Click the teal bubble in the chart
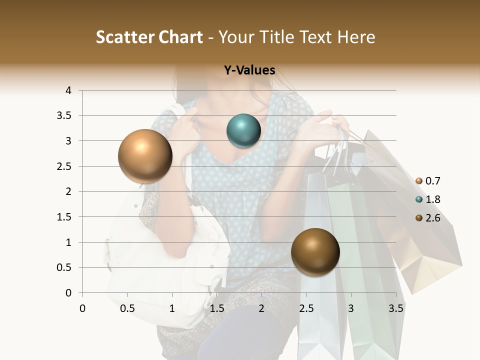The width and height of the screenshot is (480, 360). pos(244,131)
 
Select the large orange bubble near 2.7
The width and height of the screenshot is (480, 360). pos(145,156)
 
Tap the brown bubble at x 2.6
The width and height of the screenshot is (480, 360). pos(315,251)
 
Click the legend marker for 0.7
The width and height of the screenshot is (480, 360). pos(418,181)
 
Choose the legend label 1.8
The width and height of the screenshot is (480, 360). pos(432,199)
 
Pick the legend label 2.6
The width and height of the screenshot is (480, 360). pos(432,218)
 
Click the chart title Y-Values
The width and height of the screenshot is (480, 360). pos(249,70)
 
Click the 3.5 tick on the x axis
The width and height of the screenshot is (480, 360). pos(396,308)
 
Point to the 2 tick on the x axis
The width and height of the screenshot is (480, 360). pos(261,308)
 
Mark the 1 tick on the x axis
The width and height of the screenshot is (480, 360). pos(172,308)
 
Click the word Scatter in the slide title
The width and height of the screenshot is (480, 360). pos(124,37)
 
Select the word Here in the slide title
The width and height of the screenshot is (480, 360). pos(356,37)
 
